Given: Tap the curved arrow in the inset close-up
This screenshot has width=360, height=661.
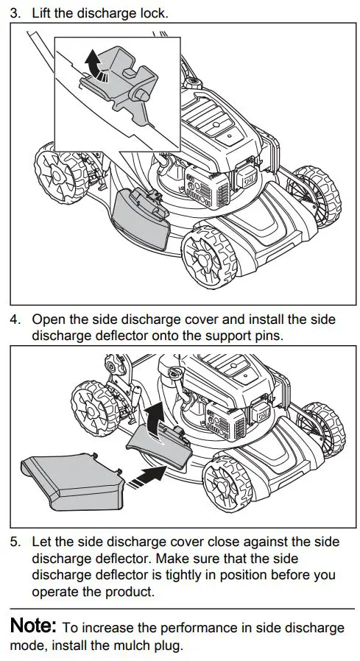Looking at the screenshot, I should tap(93, 64).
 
